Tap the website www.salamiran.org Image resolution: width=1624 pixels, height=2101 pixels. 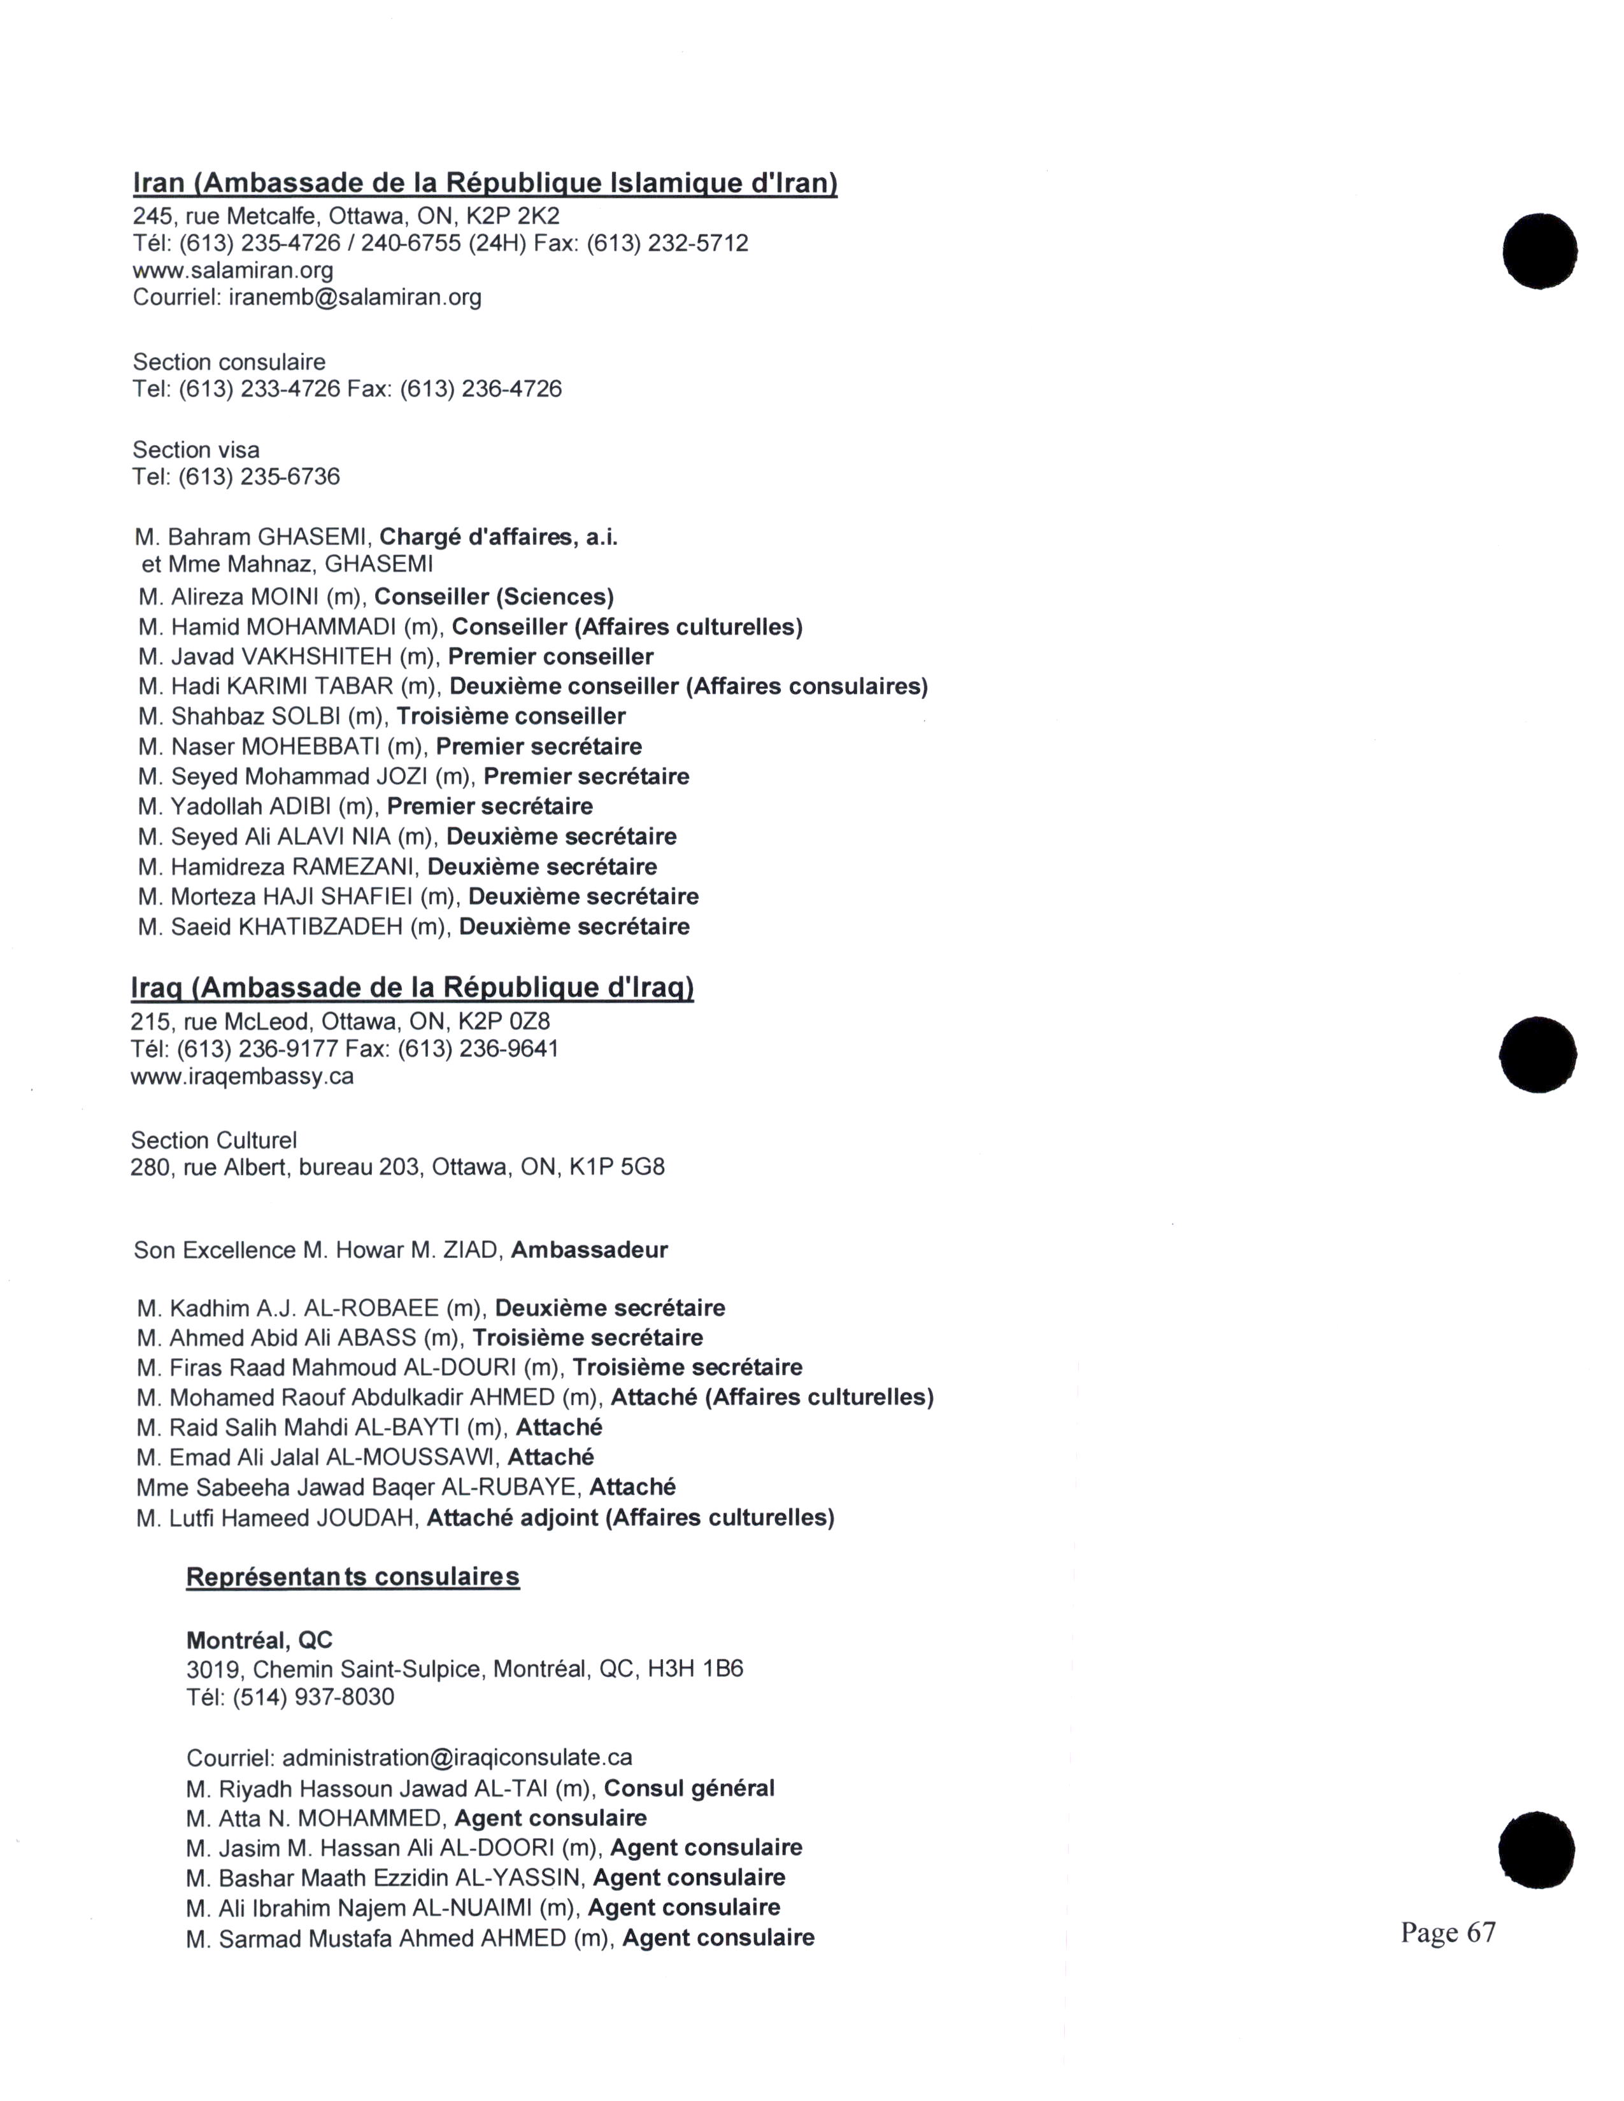click(x=233, y=271)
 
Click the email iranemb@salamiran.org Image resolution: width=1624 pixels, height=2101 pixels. click(x=355, y=297)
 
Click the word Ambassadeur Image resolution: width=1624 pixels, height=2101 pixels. click(x=589, y=1250)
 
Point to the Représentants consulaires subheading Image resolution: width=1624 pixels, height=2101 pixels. click(x=352, y=1577)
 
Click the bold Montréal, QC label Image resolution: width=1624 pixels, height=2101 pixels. click(x=259, y=1640)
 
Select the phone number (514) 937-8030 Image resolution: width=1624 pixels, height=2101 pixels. click(x=313, y=1696)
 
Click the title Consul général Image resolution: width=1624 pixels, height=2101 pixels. click(x=689, y=1788)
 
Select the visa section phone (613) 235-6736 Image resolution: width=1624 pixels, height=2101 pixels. click(x=259, y=477)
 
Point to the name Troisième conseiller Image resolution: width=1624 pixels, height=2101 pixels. click(x=511, y=717)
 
